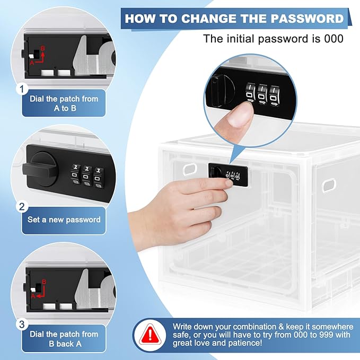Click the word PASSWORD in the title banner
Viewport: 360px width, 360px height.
tap(307, 19)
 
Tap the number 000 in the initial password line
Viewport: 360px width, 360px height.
tap(333, 39)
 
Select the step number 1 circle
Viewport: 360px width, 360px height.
tap(22, 89)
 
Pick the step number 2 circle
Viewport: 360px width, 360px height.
tap(22, 207)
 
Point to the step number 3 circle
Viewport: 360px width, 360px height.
tap(22, 324)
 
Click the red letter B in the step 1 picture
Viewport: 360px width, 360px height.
tap(43, 48)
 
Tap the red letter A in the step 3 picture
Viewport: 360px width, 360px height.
tap(33, 296)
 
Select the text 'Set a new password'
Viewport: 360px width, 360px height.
tap(64, 219)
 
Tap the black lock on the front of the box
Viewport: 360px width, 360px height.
tap(228, 175)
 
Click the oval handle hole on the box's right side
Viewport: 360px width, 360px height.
tap(329, 186)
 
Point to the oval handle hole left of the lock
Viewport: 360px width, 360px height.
tap(190, 169)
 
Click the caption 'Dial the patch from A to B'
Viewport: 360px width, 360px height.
tap(64, 103)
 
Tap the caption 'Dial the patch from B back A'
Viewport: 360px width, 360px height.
tap(64, 339)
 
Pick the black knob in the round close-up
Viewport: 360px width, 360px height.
tap(222, 91)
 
